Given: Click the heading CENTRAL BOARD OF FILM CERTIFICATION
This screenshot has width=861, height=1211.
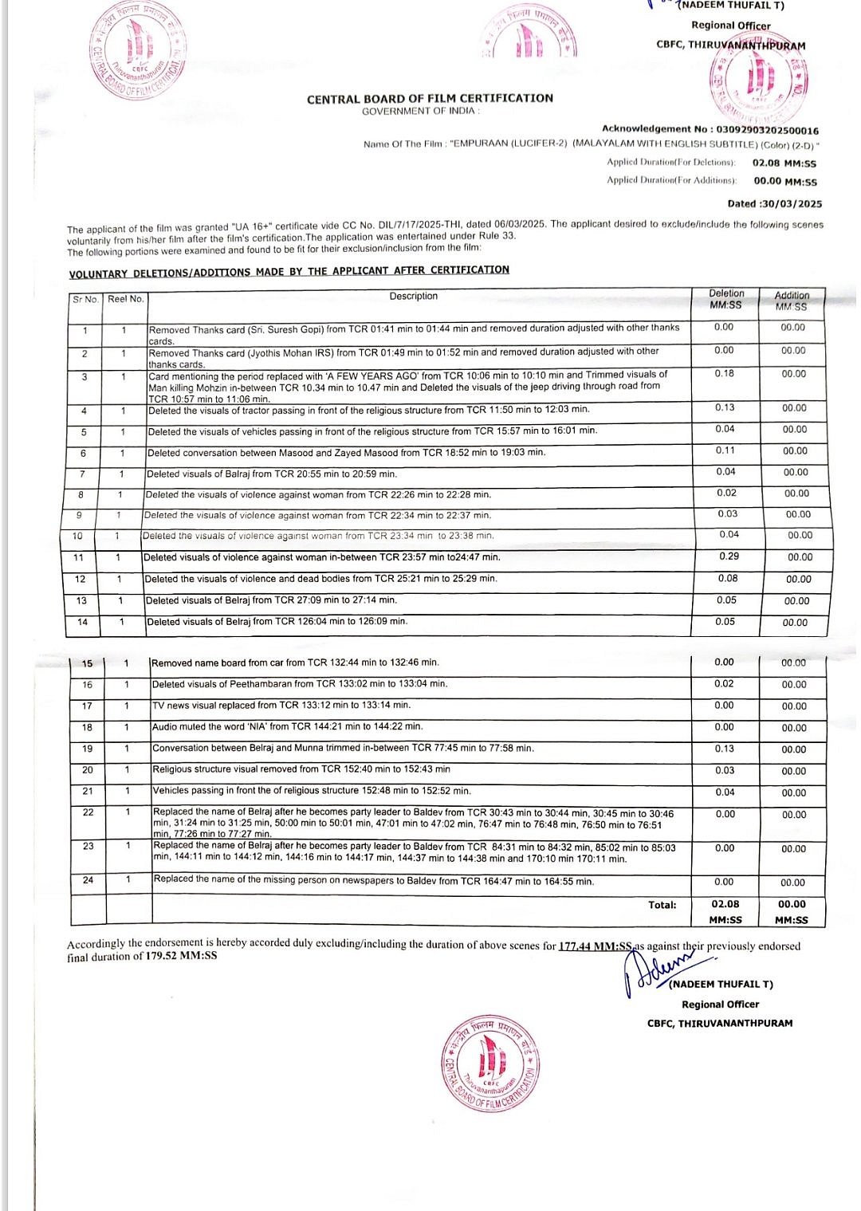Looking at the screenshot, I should [x=430, y=98].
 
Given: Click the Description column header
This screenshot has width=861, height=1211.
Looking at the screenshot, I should [x=413, y=297].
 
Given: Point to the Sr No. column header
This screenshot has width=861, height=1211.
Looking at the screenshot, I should [x=85, y=299].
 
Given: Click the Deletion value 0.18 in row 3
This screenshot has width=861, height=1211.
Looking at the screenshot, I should [x=724, y=373].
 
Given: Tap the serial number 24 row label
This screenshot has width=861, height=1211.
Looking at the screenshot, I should [x=88, y=880].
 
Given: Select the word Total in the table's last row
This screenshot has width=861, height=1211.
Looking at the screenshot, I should [x=662, y=905].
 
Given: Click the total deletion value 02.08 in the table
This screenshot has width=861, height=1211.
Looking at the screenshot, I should [x=725, y=904].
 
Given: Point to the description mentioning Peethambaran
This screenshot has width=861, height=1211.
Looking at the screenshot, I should [x=300, y=684].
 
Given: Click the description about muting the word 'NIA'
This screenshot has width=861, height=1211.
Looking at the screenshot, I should [x=288, y=727].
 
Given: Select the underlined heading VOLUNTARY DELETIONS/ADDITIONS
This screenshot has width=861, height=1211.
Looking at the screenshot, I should [x=289, y=271].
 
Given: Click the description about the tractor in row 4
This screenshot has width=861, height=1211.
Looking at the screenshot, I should [x=368, y=410].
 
